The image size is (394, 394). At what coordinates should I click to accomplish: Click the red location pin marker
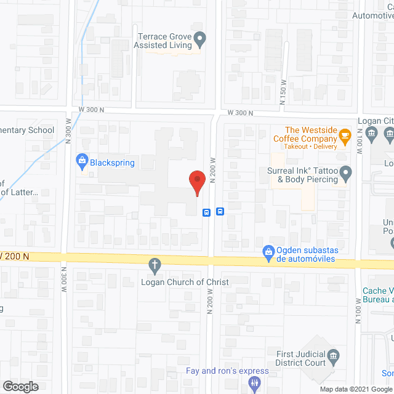(x=196, y=182)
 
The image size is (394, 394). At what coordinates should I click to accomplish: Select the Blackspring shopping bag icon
(x=81, y=163)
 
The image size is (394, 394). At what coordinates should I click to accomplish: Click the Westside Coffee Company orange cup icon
(x=345, y=134)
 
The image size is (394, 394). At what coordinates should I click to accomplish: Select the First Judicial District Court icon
(x=333, y=356)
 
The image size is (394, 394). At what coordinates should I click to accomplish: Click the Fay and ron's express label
(x=228, y=371)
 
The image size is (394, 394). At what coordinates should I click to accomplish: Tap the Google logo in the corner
(x=20, y=387)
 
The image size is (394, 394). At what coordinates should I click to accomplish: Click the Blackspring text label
(x=112, y=163)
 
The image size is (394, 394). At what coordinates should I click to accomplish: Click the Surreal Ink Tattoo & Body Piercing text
(x=303, y=175)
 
